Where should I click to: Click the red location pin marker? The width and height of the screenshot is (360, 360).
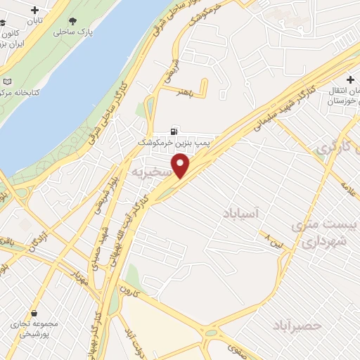point(181,167)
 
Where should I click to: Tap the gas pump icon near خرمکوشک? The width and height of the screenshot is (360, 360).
point(174,130)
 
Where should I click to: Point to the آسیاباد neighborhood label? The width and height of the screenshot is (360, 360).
point(243,212)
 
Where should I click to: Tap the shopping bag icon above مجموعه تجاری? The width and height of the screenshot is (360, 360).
point(34,313)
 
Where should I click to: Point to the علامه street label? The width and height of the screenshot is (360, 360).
point(345,188)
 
